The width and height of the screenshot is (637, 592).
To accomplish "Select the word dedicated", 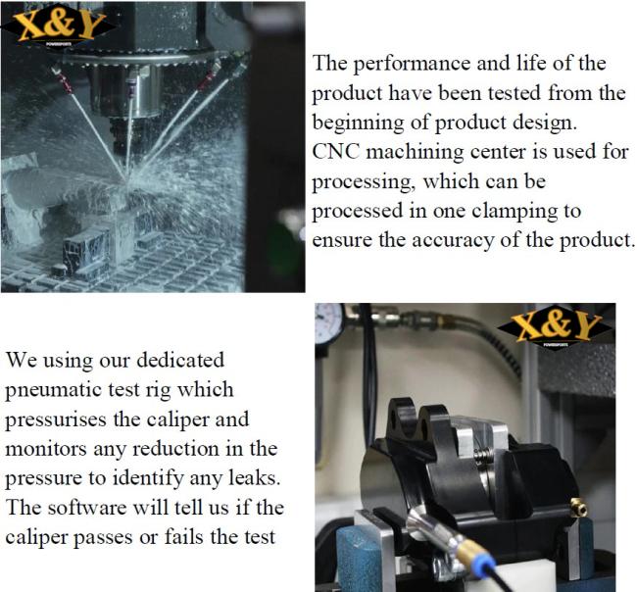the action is [x=180, y=361].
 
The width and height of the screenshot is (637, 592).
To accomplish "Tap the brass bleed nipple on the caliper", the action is [x=578, y=508].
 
